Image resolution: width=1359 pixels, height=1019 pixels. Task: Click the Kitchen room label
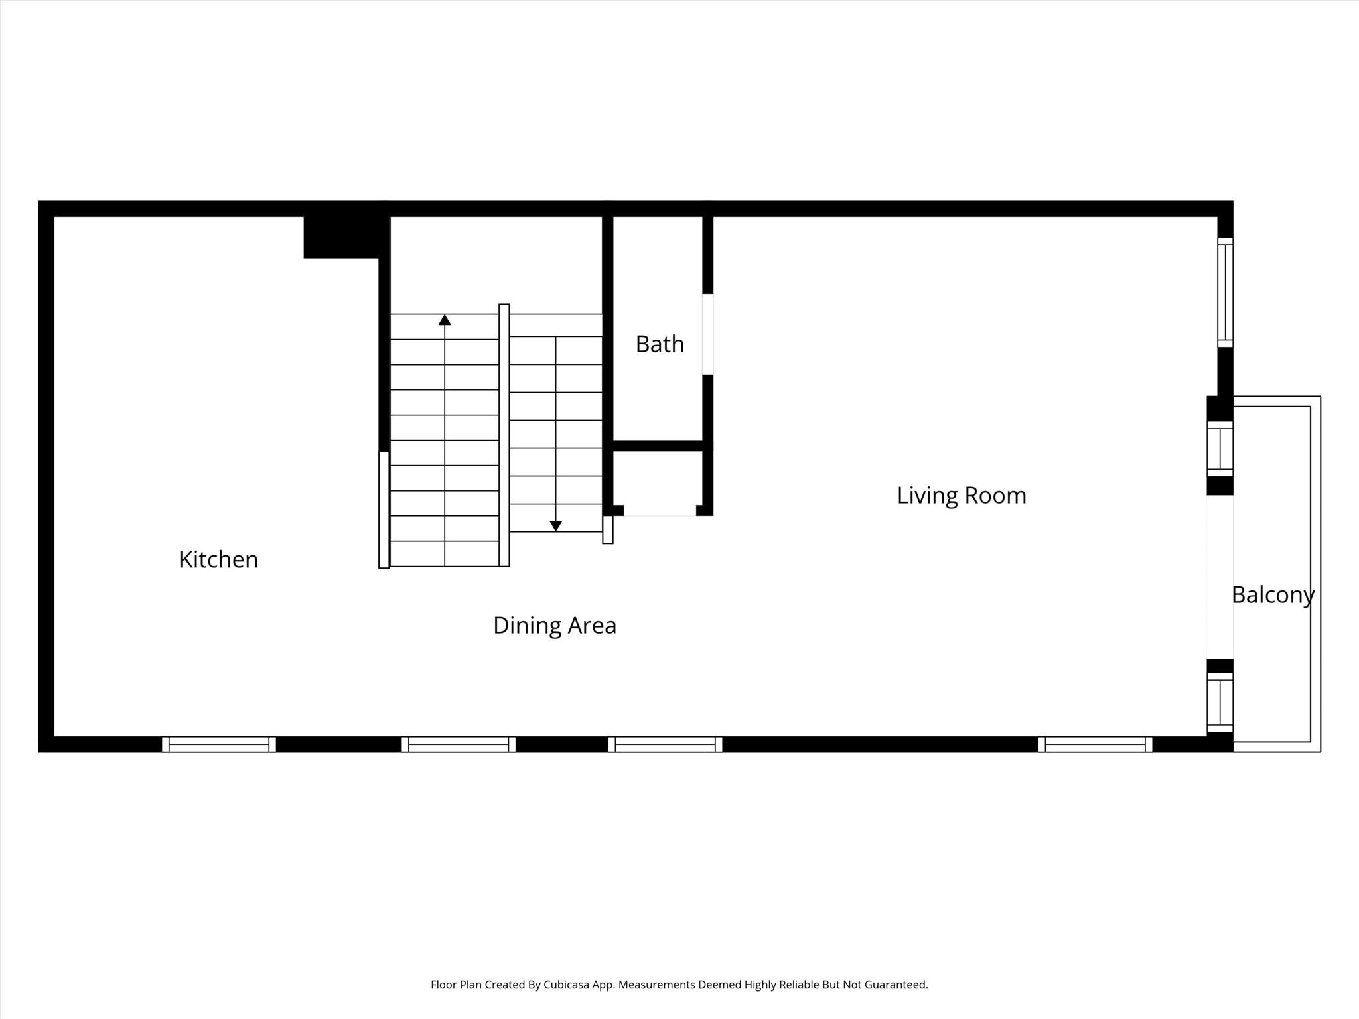218,559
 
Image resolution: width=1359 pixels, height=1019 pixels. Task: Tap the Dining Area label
555,625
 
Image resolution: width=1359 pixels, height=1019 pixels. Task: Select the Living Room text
962,495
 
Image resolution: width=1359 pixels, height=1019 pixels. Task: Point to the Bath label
660,344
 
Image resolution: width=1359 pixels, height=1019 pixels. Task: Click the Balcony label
1273,594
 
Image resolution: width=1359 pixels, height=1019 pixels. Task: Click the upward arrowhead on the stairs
445,320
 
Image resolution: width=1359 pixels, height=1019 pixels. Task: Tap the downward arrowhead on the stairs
556,525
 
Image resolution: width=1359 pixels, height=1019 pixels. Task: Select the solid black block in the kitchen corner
342,237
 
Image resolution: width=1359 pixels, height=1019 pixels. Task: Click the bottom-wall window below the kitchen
219,744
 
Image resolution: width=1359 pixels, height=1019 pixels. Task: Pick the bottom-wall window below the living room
1095,744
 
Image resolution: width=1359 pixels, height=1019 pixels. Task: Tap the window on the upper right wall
1225,292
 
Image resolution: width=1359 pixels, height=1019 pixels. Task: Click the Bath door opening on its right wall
708,334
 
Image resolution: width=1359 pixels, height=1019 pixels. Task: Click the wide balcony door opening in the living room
1220,577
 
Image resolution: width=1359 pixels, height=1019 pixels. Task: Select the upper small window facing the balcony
1220,448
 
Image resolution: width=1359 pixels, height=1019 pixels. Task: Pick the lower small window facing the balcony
1220,702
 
